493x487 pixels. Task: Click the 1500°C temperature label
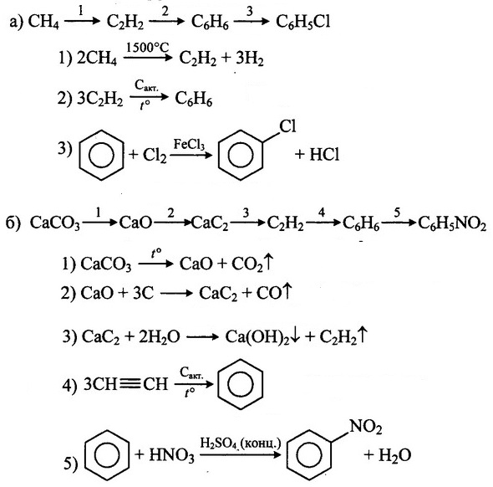click(147, 48)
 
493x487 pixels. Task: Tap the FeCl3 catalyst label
click(189, 145)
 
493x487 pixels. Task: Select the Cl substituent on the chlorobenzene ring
click(287, 126)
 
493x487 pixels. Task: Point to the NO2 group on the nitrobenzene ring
click(366, 427)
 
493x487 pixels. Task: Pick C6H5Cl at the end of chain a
click(303, 23)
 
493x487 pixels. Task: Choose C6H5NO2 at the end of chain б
click(452, 223)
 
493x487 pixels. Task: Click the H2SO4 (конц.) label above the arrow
click(241, 443)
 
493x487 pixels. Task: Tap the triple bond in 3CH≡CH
click(130, 384)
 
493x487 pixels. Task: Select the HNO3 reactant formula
click(171, 455)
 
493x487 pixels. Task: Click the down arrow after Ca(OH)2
click(295, 336)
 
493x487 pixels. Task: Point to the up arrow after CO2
click(268, 263)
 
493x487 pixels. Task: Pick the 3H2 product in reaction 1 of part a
click(249, 59)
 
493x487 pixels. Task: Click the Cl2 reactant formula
click(155, 155)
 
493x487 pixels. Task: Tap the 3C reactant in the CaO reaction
click(144, 293)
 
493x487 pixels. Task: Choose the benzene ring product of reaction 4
click(240, 384)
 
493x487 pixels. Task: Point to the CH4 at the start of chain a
click(43, 23)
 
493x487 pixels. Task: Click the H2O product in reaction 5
click(394, 455)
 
